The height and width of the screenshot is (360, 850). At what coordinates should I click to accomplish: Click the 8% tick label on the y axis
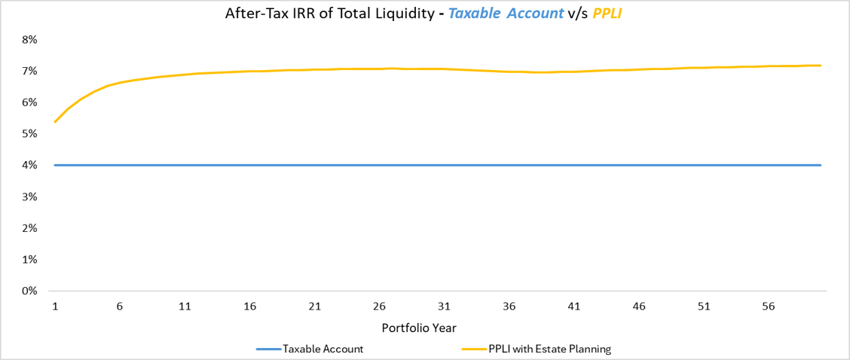(x=30, y=39)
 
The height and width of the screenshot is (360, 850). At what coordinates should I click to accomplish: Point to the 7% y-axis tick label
(x=30, y=71)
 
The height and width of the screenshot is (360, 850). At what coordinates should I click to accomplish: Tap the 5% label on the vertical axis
(x=30, y=133)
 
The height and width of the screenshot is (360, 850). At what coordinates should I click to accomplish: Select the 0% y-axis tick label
(x=30, y=291)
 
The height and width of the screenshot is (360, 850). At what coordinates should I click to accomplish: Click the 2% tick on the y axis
(x=30, y=227)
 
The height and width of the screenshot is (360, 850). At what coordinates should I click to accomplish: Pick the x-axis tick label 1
(x=55, y=307)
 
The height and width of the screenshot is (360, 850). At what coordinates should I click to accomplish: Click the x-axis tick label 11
(x=185, y=307)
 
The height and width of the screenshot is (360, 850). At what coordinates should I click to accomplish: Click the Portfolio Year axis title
(x=419, y=328)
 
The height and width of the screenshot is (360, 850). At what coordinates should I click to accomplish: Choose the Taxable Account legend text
(x=323, y=349)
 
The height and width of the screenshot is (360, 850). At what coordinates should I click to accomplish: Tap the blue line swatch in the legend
(x=268, y=349)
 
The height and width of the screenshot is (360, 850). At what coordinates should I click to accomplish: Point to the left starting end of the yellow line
(x=55, y=121)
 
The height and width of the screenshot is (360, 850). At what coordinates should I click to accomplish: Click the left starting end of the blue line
(x=55, y=165)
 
